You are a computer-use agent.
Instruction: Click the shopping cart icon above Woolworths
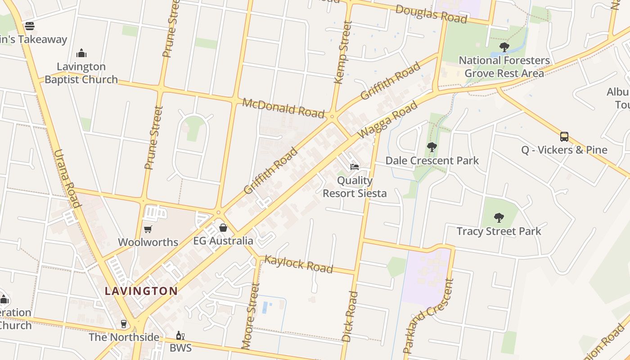click(148, 229)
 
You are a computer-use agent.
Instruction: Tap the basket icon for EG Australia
click(223, 228)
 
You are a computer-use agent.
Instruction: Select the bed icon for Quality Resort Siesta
click(355, 167)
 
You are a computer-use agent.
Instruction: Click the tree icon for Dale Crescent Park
click(432, 147)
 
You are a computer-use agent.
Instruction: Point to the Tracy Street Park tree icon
click(499, 218)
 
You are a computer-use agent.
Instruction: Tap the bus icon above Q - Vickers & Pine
click(564, 136)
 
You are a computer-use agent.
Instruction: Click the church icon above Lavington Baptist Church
click(81, 53)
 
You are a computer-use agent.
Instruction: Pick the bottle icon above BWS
click(180, 335)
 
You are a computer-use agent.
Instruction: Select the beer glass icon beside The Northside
click(124, 324)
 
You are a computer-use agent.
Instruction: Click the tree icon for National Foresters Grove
click(504, 47)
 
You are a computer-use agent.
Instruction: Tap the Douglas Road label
click(431, 14)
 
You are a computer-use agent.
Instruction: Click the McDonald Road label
click(283, 108)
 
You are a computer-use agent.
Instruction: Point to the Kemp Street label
click(343, 52)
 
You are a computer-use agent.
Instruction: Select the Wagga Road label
click(387, 120)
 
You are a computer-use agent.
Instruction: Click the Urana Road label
click(67, 178)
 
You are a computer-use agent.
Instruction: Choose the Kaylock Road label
click(298, 264)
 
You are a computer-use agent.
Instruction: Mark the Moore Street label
click(250, 316)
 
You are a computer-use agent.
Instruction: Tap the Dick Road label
click(350, 316)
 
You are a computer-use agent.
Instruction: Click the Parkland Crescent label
click(428, 316)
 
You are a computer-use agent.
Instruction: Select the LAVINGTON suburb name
click(141, 291)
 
